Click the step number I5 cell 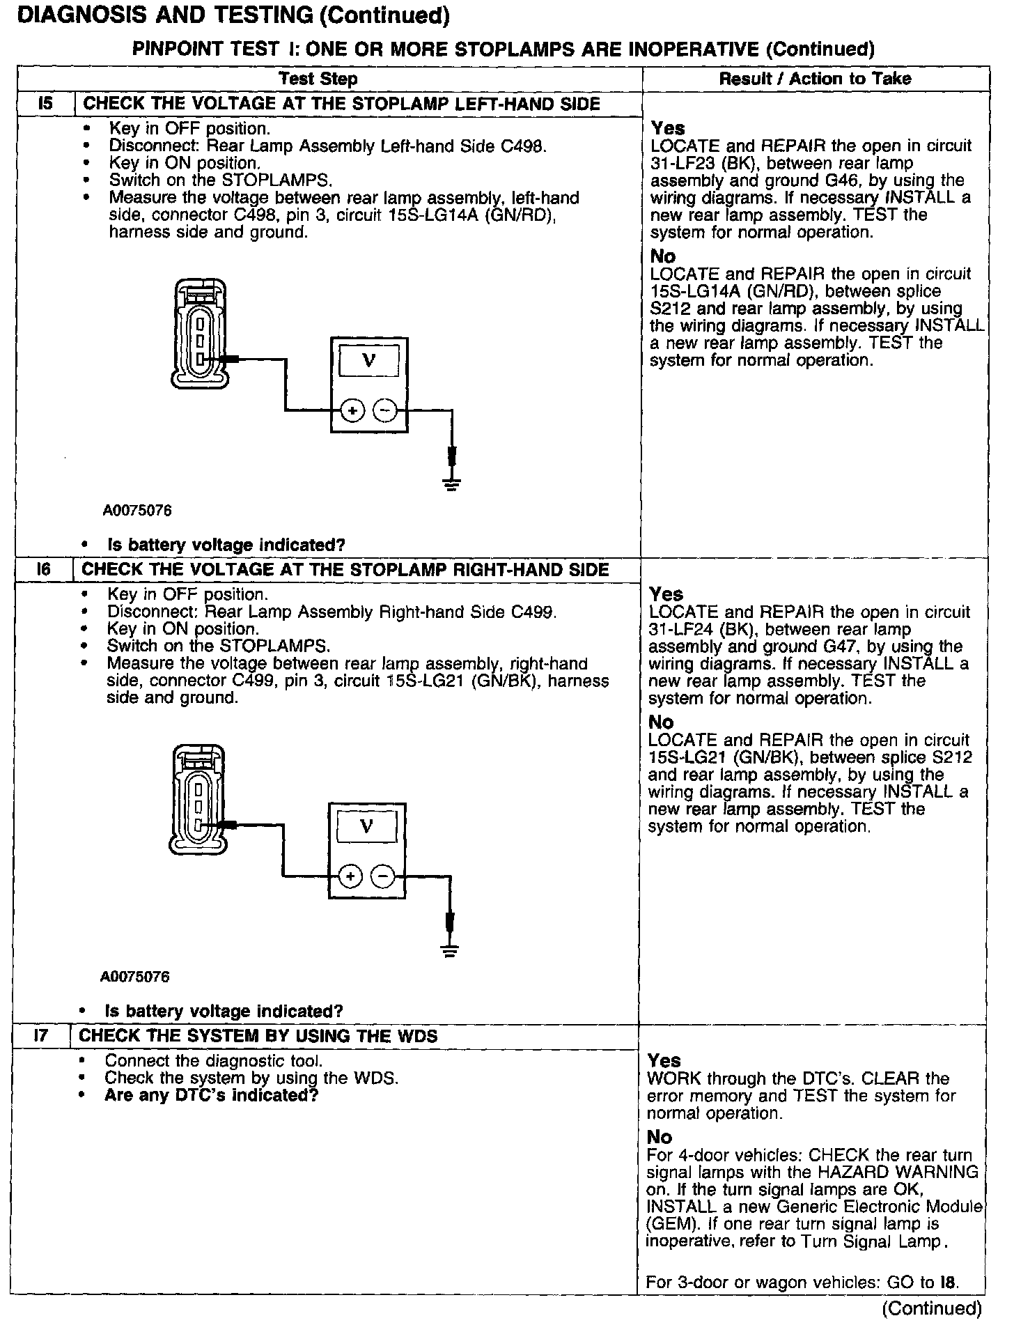click(x=45, y=104)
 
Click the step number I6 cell click(x=43, y=570)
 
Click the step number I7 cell click(x=41, y=1036)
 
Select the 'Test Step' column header click(x=318, y=79)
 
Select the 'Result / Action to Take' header click(x=815, y=79)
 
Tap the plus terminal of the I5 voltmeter click(x=352, y=411)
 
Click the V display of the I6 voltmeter click(x=366, y=827)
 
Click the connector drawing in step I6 click(x=198, y=800)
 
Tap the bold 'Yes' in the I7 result click(x=664, y=1060)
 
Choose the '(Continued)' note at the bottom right click(x=931, y=1308)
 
